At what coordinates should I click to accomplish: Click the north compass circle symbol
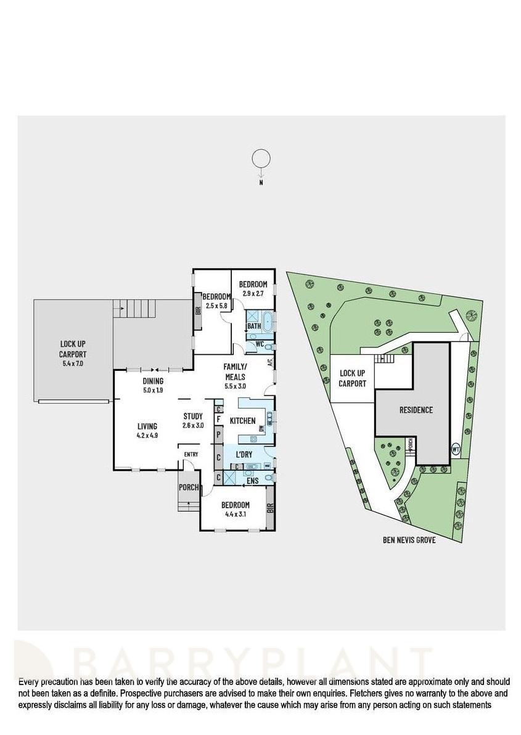(x=261, y=158)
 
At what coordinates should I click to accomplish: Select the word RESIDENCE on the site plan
(x=416, y=410)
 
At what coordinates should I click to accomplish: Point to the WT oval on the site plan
(x=457, y=450)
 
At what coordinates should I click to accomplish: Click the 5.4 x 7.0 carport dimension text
(x=73, y=363)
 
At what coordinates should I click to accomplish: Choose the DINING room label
(x=153, y=381)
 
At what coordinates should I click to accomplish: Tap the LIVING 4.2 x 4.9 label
(x=147, y=430)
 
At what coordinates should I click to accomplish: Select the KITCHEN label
(x=242, y=421)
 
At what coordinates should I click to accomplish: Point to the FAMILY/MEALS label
(x=236, y=372)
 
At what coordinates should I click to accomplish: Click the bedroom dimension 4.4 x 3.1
(x=237, y=509)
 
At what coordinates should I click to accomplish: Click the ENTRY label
(x=191, y=454)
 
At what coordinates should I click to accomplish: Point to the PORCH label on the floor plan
(x=189, y=487)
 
